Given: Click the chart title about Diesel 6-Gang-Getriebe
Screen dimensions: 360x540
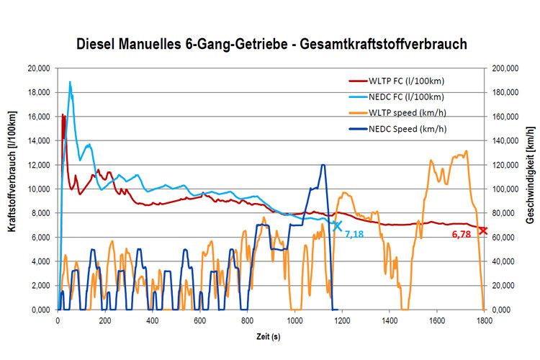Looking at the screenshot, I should click(272, 44).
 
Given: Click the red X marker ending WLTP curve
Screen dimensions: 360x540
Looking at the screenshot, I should click(483, 230).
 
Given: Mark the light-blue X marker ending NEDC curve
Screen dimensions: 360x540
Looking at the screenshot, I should click(337, 225).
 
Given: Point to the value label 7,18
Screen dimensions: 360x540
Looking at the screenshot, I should click(354, 235).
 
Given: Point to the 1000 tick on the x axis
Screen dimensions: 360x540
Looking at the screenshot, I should click(294, 320).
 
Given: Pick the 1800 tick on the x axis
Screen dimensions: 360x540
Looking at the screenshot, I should click(484, 320).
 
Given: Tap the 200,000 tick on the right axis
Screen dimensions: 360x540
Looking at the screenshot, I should click(508, 68).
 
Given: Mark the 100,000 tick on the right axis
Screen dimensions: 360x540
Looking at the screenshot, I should click(508, 189).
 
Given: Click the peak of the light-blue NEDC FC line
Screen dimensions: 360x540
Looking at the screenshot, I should click(70, 82).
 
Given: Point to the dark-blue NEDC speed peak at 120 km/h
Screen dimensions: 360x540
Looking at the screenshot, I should click(323, 165).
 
